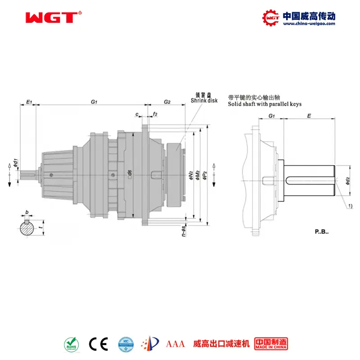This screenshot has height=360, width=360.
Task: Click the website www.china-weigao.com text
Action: (309, 24)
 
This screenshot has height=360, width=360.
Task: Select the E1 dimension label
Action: (29, 102)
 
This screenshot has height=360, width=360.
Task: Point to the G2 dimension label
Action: (167, 102)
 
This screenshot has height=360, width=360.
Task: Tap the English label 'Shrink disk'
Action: (204, 101)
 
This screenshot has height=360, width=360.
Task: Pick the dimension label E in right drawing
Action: (308, 116)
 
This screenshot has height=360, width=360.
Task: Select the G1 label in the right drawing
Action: (272, 116)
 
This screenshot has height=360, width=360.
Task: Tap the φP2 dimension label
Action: (205, 175)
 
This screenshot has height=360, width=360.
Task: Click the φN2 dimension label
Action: (191, 175)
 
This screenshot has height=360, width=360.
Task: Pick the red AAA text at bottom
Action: (175, 344)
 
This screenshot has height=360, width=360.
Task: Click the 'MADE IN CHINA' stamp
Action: (271, 344)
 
